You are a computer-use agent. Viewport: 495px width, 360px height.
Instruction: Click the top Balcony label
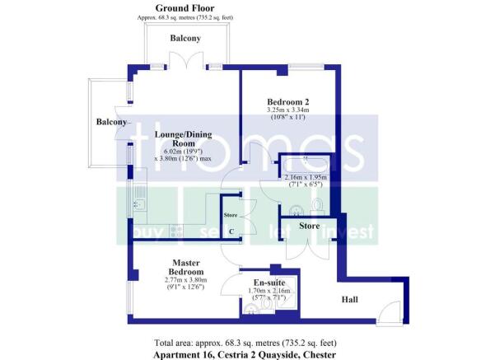184,39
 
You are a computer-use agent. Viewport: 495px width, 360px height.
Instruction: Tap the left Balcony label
111,123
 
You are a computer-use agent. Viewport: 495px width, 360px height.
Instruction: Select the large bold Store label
309,225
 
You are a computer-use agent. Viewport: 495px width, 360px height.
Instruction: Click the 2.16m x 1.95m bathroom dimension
305,177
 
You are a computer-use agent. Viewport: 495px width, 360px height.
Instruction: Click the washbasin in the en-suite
250,311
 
